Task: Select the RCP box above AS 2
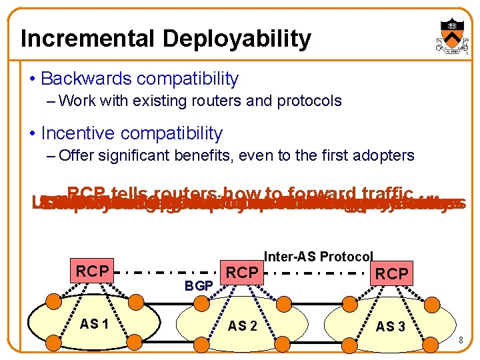(x=241, y=272)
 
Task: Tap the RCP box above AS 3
(x=391, y=274)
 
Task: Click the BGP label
(x=199, y=286)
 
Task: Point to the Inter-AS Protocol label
(x=319, y=257)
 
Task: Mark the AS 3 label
(x=390, y=327)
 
